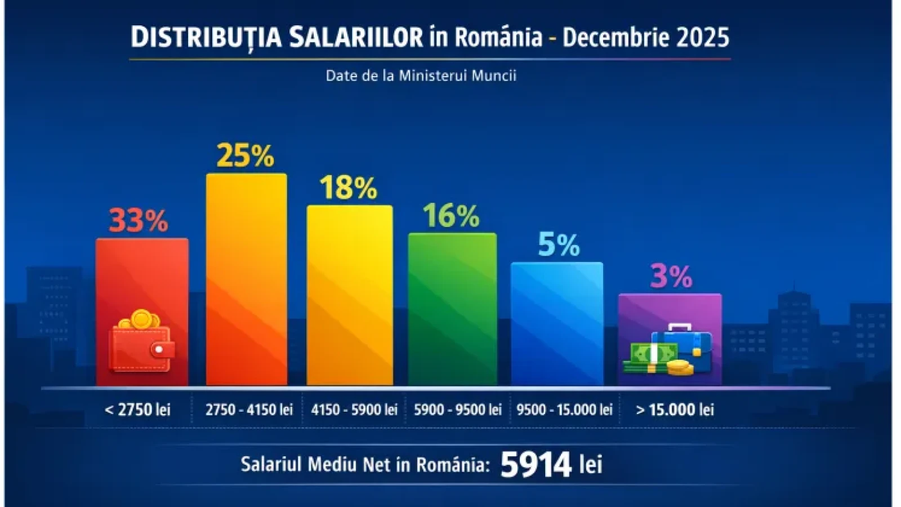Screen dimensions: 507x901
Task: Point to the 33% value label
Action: (x=139, y=220)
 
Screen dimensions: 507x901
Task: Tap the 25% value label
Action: (x=245, y=155)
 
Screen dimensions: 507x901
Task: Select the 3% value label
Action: (x=671, y=276)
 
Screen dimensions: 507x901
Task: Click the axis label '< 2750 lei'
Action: (x=137, y=410)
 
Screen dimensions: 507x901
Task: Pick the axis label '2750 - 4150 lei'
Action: (x=249, y=410)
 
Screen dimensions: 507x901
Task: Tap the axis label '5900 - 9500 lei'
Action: (x=457, y=410)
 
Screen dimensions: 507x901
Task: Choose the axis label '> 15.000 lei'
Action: (x=675, y=410)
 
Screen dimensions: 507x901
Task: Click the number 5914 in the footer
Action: (x=536, y=465)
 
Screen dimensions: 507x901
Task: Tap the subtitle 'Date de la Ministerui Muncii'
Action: (x=421, y=75)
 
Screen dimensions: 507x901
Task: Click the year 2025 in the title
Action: (x=702, y=37)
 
